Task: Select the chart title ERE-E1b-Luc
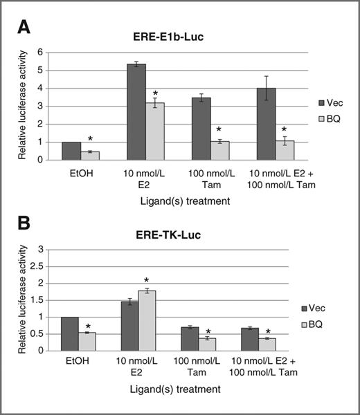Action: [181, 39]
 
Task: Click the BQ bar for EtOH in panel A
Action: [90, 156]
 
